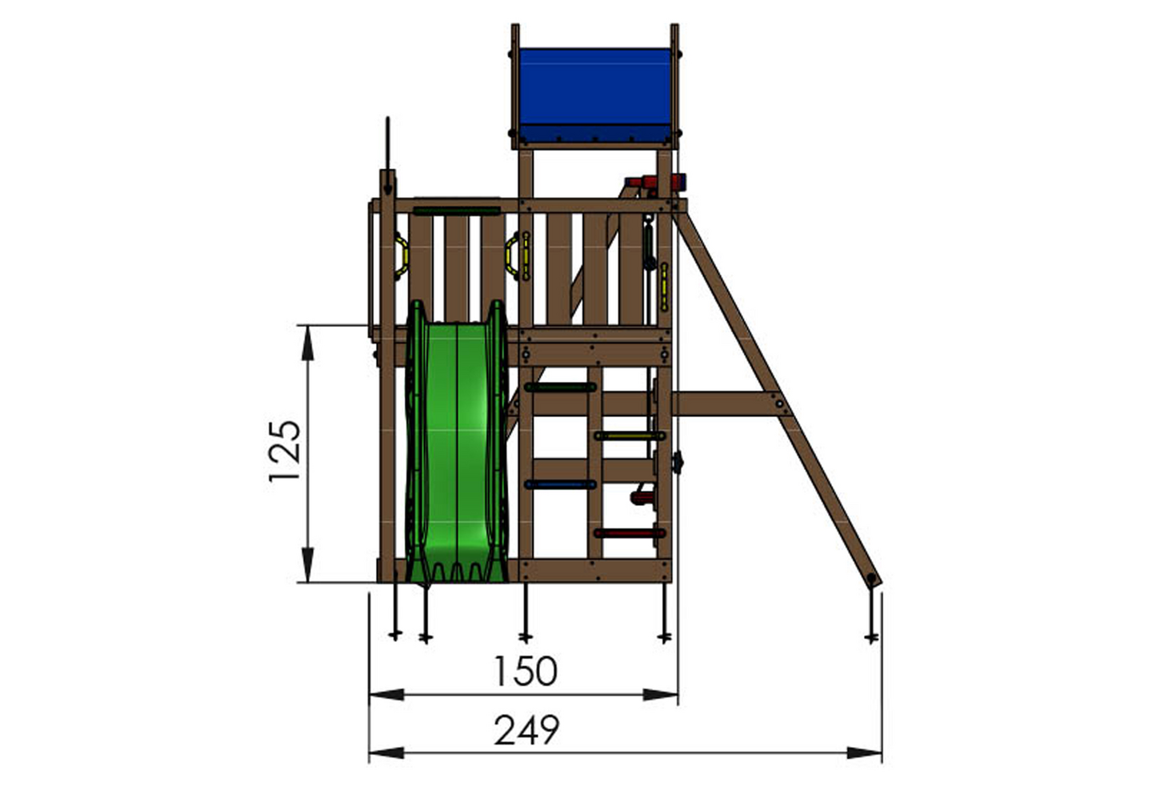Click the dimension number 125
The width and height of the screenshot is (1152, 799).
285,451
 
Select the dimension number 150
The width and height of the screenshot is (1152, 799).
525,671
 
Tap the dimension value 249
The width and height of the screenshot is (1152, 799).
526,730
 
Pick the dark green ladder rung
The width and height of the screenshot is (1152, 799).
560,387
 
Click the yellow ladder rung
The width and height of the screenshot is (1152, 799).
630,436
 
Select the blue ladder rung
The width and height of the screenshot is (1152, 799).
560,484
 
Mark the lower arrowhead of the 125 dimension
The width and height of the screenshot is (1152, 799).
307,569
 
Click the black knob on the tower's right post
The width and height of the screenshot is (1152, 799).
678,462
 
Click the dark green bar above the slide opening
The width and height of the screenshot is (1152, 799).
456,211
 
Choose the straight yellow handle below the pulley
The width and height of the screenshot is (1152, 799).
663,288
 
